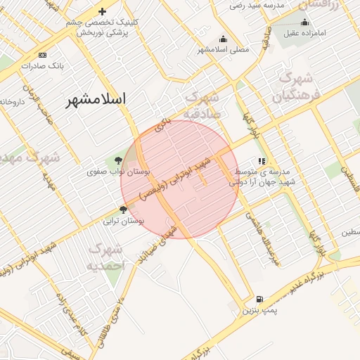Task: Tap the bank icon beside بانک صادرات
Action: tap(43, 55)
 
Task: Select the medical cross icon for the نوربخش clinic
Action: tap(103, 11)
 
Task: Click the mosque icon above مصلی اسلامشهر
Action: tap(224, 39)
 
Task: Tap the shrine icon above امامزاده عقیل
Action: tap(304, 22)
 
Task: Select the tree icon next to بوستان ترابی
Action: tap(124, 210)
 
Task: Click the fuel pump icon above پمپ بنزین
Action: tap(261, 299)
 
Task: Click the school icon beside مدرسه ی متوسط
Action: tap(262, 161)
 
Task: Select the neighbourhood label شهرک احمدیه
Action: tap(106, 257)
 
